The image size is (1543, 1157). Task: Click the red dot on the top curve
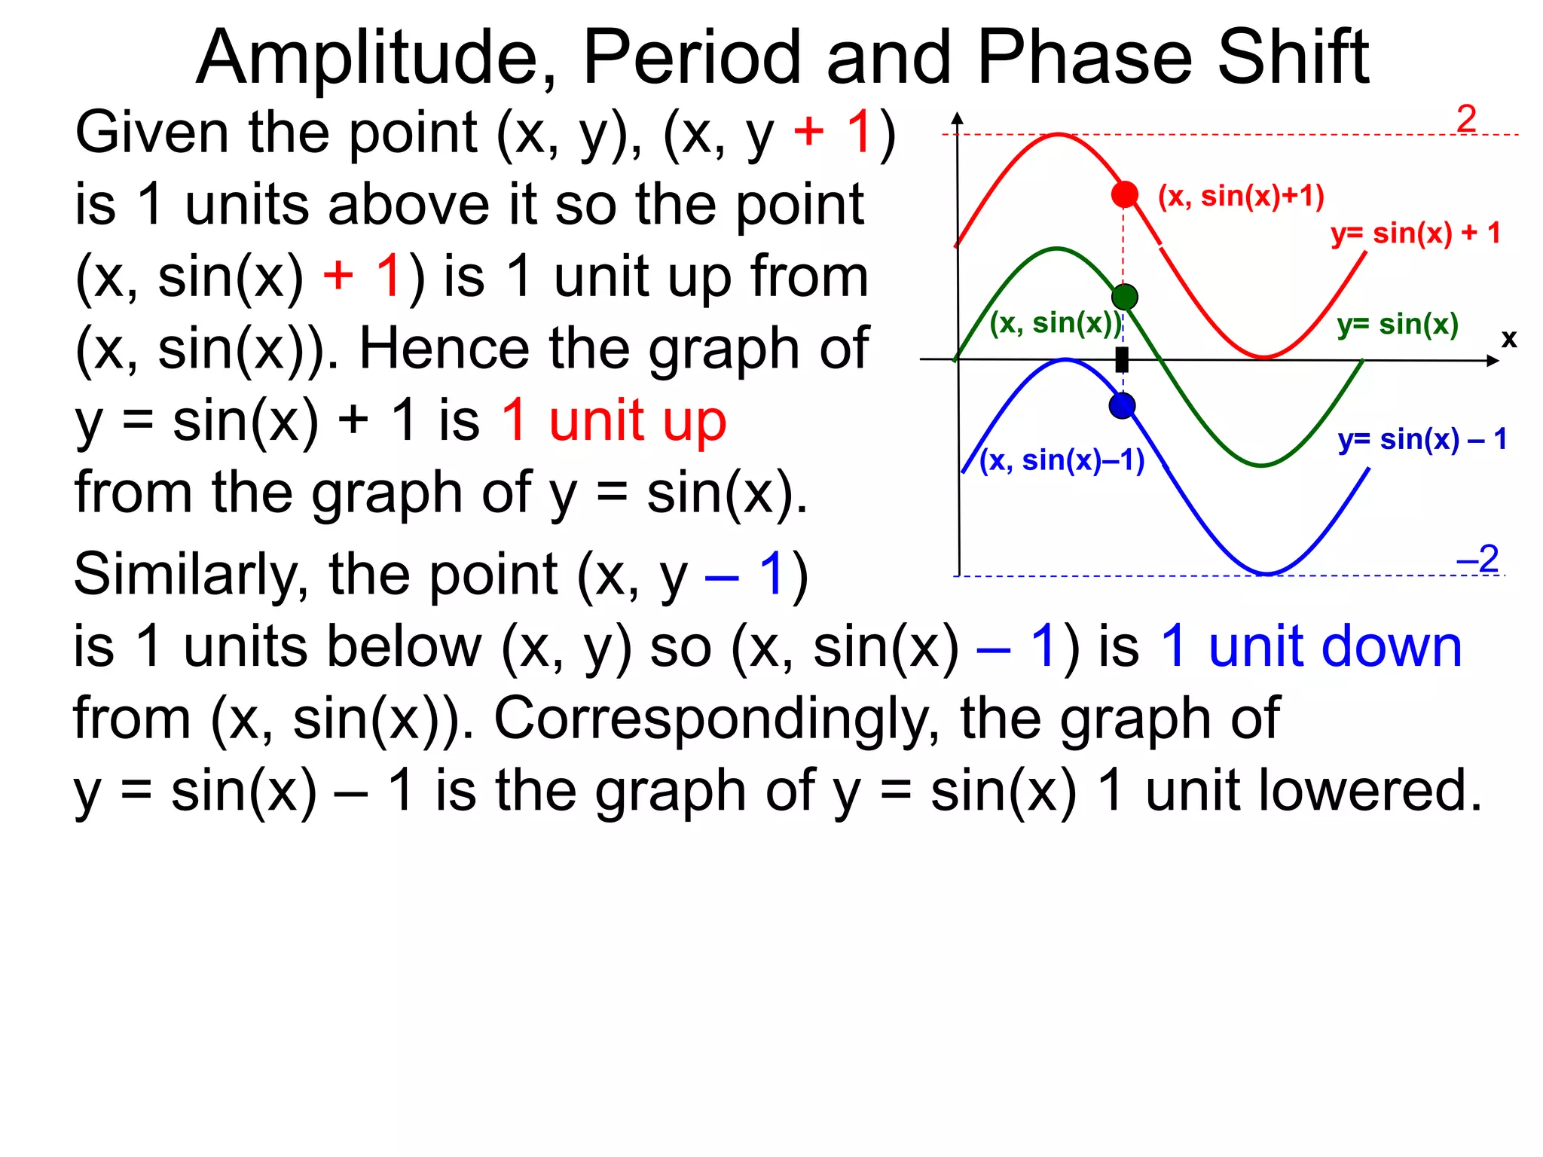click(1124, 194)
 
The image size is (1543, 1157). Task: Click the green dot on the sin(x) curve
click(1124, 297)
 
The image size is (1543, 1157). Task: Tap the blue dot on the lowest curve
click(1122, 406)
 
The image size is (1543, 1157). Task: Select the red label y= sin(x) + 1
click(1415, 234)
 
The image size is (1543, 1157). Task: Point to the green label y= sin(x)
click(1398, 325)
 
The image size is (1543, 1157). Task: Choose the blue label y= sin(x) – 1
click(1422, 439)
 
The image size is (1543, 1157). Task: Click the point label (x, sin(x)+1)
click(1240, 196)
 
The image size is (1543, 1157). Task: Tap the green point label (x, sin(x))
click(1056, 323)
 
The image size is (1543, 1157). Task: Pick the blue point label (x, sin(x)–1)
click(1061, 460)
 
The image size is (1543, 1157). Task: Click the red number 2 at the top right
click(1466, 118)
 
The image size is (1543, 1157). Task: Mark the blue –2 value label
click(1477, 559)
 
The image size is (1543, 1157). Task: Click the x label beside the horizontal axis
click(1508, 339)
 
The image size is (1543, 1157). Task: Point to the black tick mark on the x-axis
click(1122, 360)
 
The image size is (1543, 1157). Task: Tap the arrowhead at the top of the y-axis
click(957, 118)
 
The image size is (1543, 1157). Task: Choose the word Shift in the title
click(1293, 58)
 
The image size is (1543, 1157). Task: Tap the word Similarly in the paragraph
click(191, 575)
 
